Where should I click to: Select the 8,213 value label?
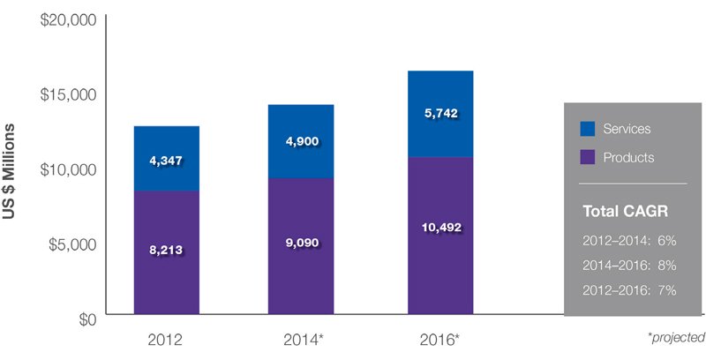pos(166,250)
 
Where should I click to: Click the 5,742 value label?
pos(439,114)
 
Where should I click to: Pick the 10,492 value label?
pos(439,227)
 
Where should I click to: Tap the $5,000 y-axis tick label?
pos(71,243)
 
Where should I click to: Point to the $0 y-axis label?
pos(86,317)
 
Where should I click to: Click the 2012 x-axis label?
pos(166,340)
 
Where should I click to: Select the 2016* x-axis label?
pos(441,340)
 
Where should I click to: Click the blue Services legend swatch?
pos(588,129)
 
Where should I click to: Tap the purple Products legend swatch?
pos(588,157)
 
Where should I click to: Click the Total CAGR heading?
pos(623,212)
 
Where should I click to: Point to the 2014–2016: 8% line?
pos(629,264)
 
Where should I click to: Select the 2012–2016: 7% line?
pos(629,289)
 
